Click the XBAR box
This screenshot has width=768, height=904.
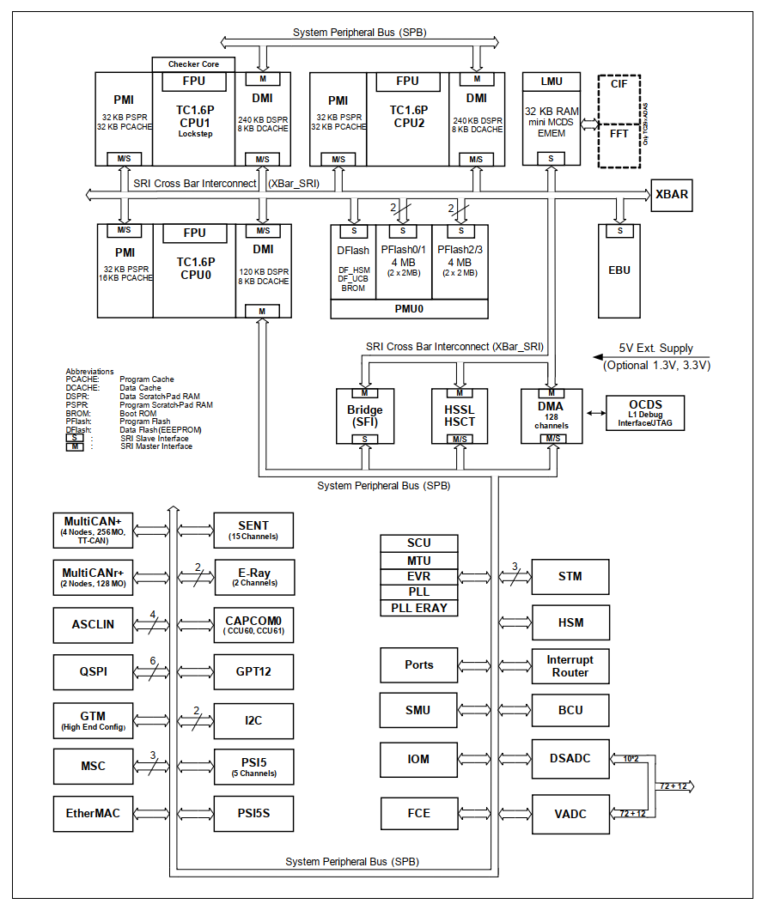click(671, 194)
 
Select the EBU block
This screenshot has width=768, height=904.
click(619, 270)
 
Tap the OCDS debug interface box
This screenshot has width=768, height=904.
click(645, 413)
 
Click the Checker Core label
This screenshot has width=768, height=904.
click(193, 64)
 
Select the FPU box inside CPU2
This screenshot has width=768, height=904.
click(407, 82)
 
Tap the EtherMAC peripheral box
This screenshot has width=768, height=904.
click(94, 813)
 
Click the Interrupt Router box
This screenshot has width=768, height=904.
click(570, 666)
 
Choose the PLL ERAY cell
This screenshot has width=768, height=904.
click(419, 608)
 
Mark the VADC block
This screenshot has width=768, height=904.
click(570, 813)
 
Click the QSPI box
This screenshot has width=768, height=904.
click(94, 671)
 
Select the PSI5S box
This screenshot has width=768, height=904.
click(253, 813)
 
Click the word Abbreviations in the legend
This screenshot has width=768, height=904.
click(89, 372)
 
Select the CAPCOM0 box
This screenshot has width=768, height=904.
click(253, 624)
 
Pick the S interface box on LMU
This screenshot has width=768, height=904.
click(551, 158)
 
